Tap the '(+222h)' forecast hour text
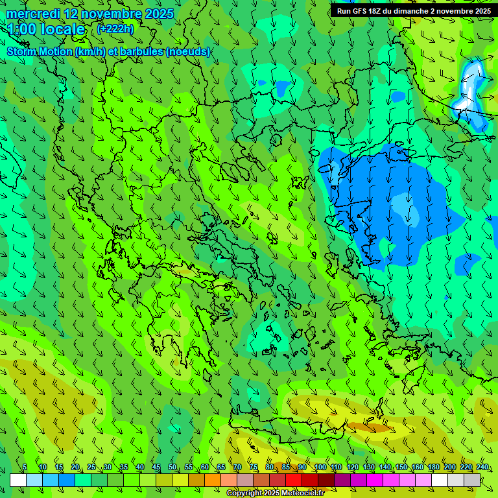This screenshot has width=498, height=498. [115, 29]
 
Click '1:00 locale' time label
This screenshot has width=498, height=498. [46, 29]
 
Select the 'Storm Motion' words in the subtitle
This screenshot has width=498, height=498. [40, 51]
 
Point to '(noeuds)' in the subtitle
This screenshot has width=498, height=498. [187, 51]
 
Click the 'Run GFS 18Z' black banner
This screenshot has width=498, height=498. [412, 10]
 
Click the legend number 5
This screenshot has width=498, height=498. [25, 468]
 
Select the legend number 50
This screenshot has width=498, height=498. [172, 468]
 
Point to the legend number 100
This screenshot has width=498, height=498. [320, 468]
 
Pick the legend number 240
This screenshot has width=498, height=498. [482, 468]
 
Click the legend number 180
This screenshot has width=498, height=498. [433, 468]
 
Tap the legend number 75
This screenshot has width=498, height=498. [254, 468]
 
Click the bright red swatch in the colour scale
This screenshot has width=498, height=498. [294, 480]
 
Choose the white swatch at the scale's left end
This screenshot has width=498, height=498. [18, 480]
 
